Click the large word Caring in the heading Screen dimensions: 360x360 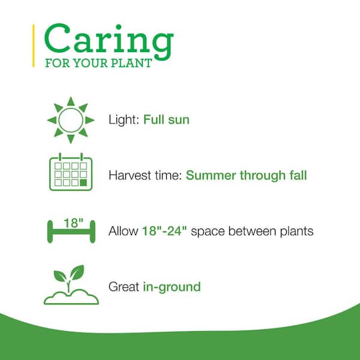pyautogui.click(x=109, y=41)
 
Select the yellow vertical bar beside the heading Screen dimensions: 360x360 pyautogui.click(x=34, y=46)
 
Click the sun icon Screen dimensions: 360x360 pyautogui.click(x=71, y=120)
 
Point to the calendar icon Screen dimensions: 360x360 pyautogui.click(x=71, y=172)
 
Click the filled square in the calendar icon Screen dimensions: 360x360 pyautogui.click(x=83, y=182)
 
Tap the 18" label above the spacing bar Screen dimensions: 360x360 pyautogui.click(x=73, y=223)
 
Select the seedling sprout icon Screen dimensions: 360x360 pyautogui.click(x=71, y=284)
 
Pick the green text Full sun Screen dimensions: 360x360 pyautogui.click(x=166, y=119)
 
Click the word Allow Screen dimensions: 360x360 pyautogui.click(x=123, y=231)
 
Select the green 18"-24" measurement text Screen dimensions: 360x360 pyautogui.click(x=164, y=231)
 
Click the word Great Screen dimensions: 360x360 pyautogui.click(x=124, y=287)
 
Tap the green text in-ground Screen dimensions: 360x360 pyautogui.click(x=172, y=287)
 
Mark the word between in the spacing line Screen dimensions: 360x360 pyautogui.click(x=252, y=231)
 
